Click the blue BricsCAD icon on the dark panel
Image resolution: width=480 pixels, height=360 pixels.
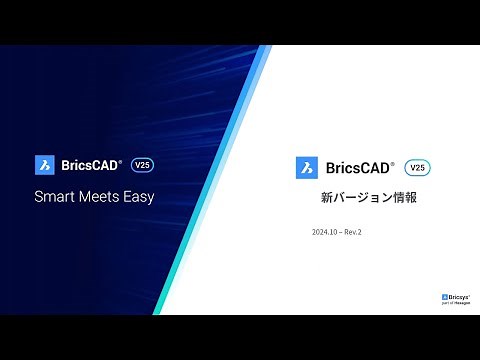point(44,165)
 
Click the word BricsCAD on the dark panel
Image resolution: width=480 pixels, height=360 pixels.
point(88,165)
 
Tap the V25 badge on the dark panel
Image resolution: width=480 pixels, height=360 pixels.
point(142,164)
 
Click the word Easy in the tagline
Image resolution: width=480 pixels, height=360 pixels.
point(139,197)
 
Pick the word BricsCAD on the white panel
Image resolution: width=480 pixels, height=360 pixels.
point(356,168)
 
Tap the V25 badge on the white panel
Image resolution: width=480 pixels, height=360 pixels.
point(418,167)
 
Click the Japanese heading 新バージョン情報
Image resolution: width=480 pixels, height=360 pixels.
point(361,198)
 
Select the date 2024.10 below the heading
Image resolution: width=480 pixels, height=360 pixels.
point(325,232)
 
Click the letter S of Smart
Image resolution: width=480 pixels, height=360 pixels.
point(39,197)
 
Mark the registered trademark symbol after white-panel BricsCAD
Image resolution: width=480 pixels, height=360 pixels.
point(392,163)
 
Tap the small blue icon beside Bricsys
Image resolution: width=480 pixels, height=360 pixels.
point(444,297)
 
